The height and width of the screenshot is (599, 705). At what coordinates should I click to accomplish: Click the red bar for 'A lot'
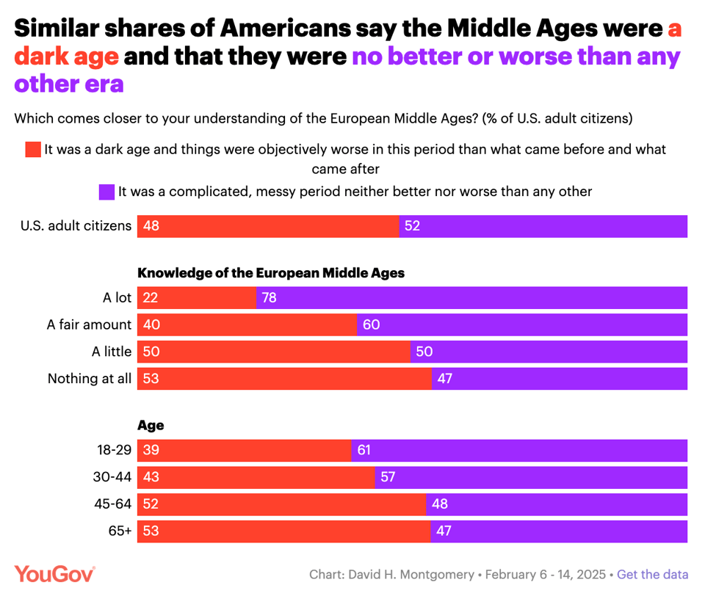(x=197, y=298)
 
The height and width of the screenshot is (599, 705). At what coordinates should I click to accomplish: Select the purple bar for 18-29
(x=519, y=450)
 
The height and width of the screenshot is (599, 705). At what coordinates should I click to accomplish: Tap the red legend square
(x=33, y=150)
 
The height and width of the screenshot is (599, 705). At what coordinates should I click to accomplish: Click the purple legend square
(x=106, y=192)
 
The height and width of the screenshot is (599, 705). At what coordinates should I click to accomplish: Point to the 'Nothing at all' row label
(x=90, y=379)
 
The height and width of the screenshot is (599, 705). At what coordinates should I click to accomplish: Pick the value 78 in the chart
(x=269, y=298)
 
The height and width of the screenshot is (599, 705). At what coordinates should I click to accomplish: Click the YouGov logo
(x=55, y=574)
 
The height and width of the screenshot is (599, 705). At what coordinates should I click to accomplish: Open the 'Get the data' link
(x=652, y=575)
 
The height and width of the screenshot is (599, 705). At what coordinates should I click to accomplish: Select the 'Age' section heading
(x=151, y=425)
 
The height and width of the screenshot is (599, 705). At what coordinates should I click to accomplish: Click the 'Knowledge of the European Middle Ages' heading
(x=272, y=273)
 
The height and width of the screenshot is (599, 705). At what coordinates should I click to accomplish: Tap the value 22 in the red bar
(x=151, y=298)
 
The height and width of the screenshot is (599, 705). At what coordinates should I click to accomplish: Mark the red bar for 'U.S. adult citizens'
(x=268, y=226)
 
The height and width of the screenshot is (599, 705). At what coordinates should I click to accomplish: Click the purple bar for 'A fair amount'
(x=522, y=324)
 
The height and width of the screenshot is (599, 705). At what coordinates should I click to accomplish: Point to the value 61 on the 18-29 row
(x=365, y=450)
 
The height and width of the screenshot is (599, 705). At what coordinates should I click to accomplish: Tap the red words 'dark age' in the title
(x=66, y=56)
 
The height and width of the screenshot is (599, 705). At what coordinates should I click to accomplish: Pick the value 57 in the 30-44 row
(x=388, y=477)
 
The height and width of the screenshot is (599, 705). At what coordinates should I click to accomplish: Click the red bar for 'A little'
(x=274, y=352)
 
